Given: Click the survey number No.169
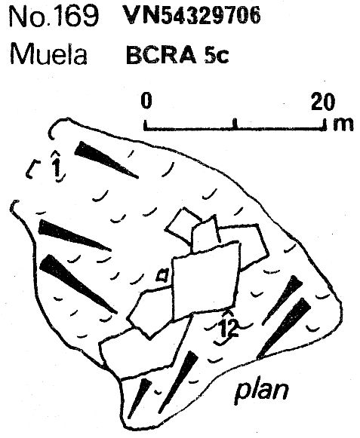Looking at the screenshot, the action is (x=54, y=17).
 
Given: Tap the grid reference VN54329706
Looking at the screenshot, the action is (x=192, y=16).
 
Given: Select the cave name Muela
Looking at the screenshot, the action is (x=48, y=54).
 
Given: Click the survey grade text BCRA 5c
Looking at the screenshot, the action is (x=177, y=56).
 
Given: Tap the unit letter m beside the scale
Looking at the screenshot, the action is (x=343, y=124).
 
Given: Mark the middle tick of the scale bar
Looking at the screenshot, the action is (x=235, y=124).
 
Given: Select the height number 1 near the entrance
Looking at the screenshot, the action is (x=57, y=166).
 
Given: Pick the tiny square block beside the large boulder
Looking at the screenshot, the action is (x=162, y=275).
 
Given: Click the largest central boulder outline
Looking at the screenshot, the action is (x=205, y=280).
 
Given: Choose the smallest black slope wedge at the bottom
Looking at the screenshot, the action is (x=140, y=398).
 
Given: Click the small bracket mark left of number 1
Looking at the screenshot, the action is (x=32, y=169).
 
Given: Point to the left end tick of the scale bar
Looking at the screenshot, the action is (x=146, y=125).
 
